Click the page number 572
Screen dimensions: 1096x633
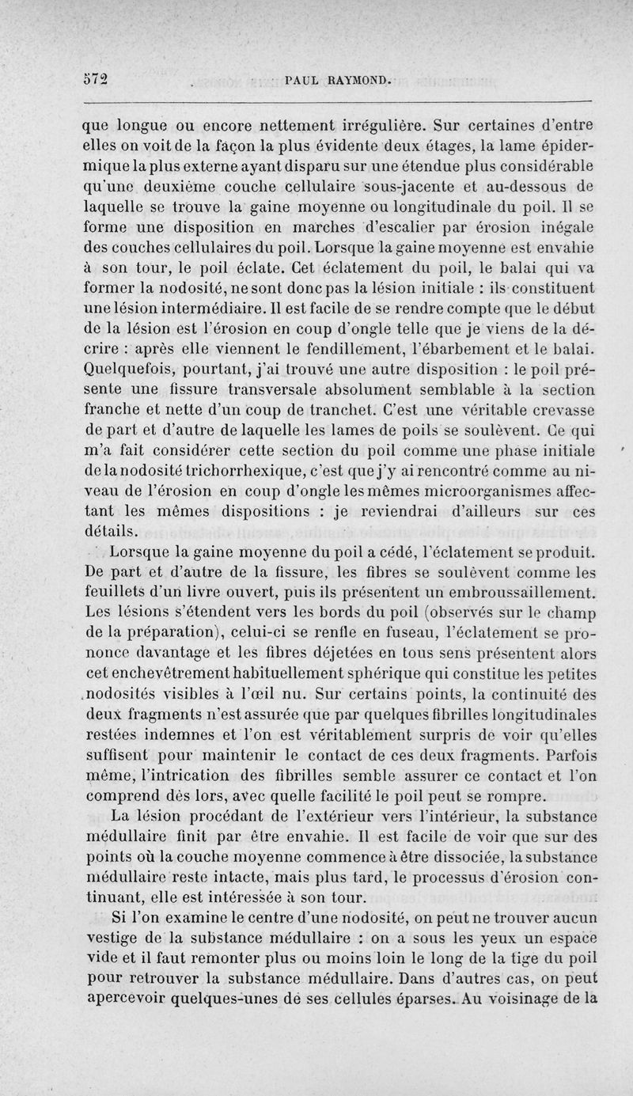click(x=97, y=79)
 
